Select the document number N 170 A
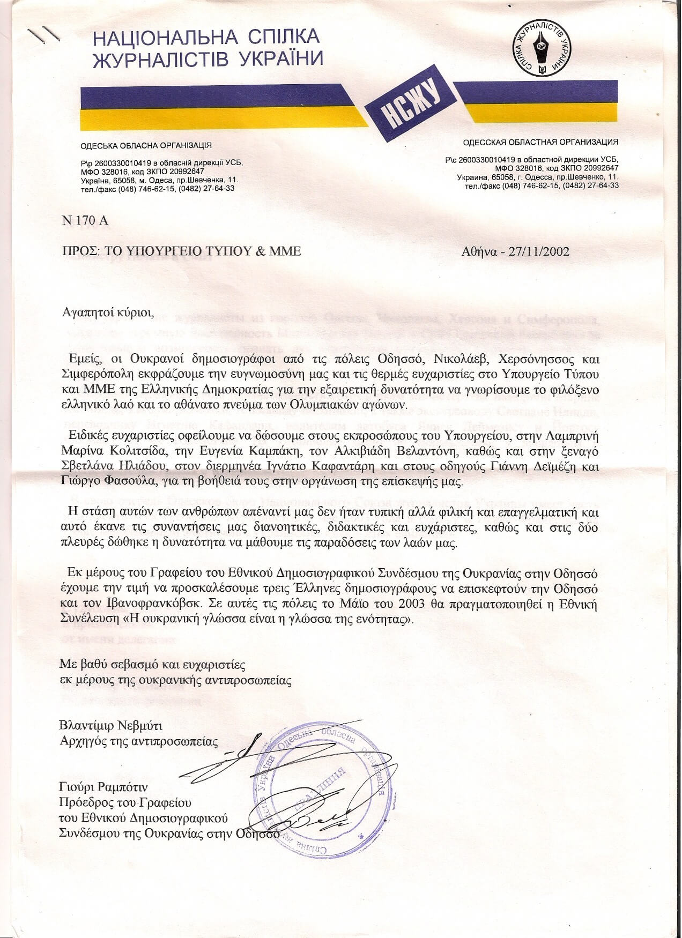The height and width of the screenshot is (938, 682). coord(85,220)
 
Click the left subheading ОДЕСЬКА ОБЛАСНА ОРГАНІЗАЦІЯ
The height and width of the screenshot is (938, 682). coord(146,145)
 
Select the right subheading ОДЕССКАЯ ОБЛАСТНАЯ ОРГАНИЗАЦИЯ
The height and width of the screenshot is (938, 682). coord(540,142)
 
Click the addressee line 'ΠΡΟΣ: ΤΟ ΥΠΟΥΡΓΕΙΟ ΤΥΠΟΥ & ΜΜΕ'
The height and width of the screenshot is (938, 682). coord(182,251)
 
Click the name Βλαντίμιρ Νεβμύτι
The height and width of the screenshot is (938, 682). coord(110,726)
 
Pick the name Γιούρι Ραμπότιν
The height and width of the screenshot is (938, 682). coord(103,787)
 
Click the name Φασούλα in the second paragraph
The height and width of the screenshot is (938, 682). coord(121,481)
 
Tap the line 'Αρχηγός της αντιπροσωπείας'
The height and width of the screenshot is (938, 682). coord(139,742)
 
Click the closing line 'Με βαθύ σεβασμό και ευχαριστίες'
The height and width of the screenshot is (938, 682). coord(152,665)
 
